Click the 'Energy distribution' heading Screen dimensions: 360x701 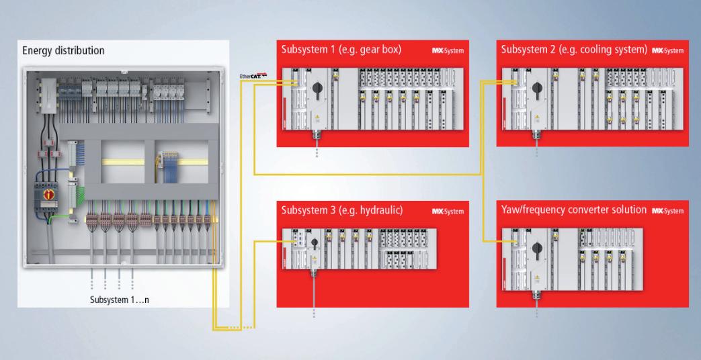click(x=63, y=50)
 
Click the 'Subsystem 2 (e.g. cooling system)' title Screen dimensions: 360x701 click(x=572, y=50)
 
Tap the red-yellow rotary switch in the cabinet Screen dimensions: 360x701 click(x=48, y=195)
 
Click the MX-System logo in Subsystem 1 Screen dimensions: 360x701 click(x=447, y=51)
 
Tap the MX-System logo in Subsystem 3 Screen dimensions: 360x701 click(x=448, y=212)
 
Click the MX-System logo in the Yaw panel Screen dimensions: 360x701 click(x=667, y=212)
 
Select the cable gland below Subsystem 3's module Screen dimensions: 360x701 click(x=313, y=275)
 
